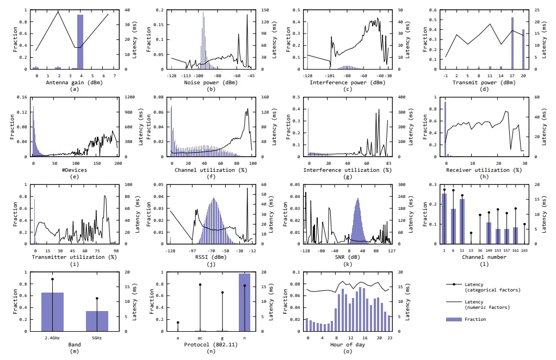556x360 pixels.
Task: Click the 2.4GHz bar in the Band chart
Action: (52, 312)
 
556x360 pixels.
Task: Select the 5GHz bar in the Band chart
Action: (97, 321)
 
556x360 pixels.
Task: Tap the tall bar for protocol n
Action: (245, 302)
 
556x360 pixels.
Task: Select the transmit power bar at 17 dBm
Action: (512, 43)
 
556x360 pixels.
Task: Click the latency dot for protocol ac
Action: (200, 284)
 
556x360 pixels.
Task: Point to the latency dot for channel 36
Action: (480, 215)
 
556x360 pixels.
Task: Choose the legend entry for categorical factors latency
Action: (483, 287)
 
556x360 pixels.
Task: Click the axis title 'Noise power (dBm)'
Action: (211, 83)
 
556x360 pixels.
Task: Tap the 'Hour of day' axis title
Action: (348, 344)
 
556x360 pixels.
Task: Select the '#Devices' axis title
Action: (75, 170)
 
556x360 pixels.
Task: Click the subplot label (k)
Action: (348, 264)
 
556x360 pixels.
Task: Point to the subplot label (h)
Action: (484, 176)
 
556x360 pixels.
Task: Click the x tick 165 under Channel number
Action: (524, 251)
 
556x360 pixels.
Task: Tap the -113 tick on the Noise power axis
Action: (186, 76)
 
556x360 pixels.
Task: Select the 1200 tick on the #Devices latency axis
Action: (130, 97)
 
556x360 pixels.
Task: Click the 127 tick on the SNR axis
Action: (392, 251)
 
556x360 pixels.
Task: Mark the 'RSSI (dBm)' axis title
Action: (211, 257)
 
